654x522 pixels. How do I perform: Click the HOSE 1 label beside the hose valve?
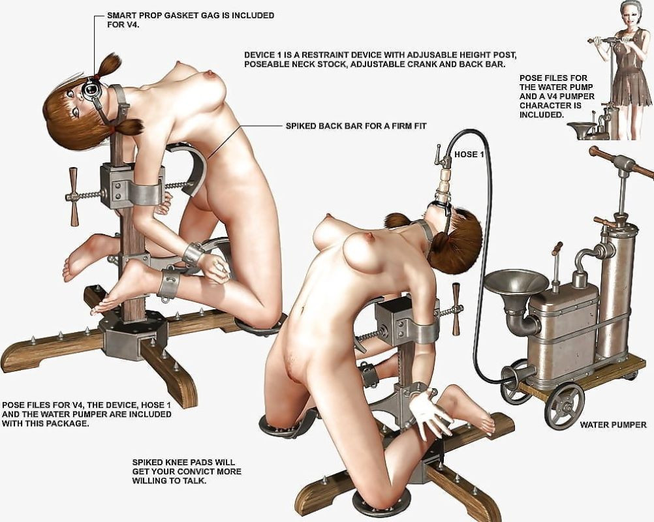[469, 154]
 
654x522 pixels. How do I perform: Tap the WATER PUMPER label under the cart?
[613, 425]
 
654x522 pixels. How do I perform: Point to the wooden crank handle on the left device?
[74, 196]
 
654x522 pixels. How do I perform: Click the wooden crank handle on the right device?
[456, 309]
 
